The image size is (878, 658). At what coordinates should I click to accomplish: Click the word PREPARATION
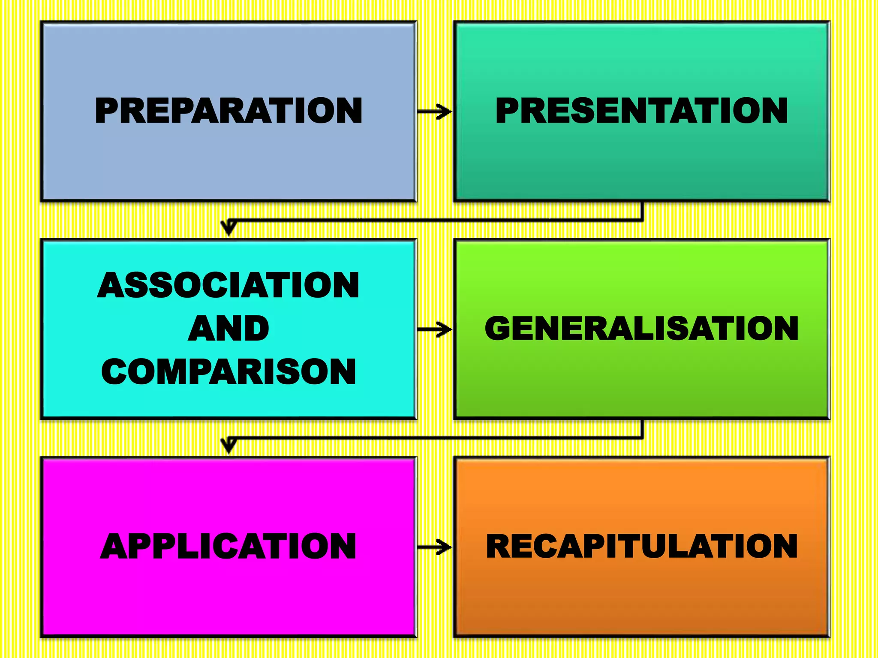(229, 111)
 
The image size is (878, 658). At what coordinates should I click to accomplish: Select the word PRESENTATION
(641, 111)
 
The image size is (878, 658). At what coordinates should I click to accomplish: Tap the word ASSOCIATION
(229, 285)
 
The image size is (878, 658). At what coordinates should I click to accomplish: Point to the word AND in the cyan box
(229, 329)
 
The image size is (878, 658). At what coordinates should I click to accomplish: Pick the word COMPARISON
(229, 371)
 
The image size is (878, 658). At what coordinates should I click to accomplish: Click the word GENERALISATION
(641, 329)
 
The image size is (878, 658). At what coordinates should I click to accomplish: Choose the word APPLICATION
(229, 546)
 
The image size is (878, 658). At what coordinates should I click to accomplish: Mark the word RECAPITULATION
(641, 546)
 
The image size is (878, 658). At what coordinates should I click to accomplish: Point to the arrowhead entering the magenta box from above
(229, 446)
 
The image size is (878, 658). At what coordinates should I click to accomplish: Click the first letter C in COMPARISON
(115, 371)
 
